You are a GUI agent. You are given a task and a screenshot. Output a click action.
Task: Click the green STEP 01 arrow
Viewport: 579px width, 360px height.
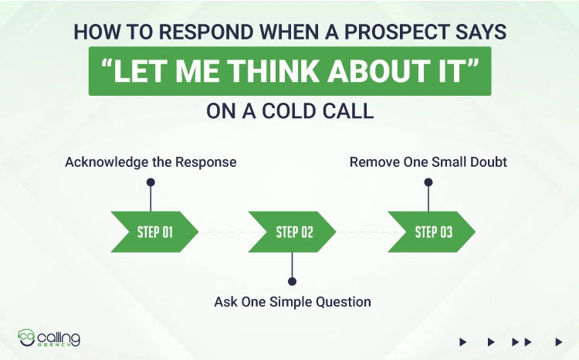[x=154, y=232]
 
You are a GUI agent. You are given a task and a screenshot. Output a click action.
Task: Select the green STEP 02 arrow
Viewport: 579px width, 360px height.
[x=293, y=232]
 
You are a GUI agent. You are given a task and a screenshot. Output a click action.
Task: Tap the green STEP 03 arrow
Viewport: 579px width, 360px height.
[x=432, y=232]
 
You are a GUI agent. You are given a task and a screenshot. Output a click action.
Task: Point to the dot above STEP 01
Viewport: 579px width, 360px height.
[x=151, y=183]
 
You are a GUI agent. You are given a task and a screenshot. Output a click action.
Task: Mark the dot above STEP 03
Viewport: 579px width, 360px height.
[x=428, y=183]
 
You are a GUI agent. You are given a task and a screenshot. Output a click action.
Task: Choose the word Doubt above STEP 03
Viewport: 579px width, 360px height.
[x=486, y=162]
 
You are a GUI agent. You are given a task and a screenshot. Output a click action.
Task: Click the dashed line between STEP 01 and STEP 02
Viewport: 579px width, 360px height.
[x=223, y=232]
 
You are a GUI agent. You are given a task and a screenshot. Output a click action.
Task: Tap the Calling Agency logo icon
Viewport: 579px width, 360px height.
[x=28, y=338]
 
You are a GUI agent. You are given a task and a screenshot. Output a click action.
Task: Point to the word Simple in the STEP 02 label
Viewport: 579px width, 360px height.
[x=290, y=301]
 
